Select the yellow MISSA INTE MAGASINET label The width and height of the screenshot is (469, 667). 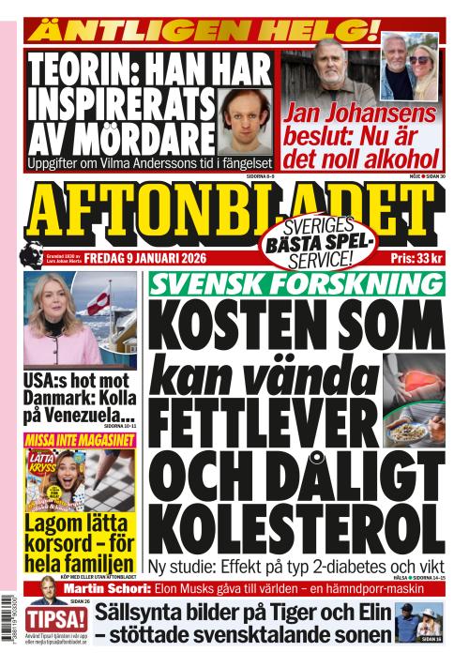pos(77,440)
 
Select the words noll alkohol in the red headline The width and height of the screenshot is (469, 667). pos(384,158)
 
